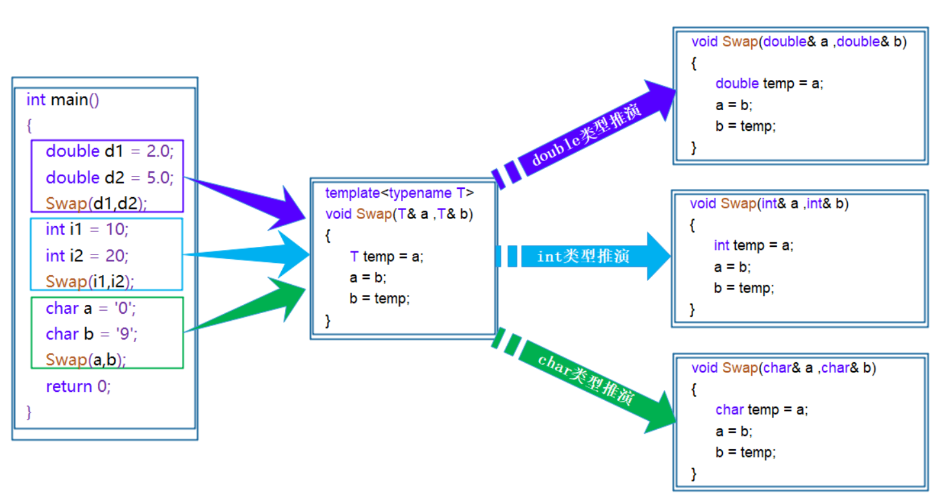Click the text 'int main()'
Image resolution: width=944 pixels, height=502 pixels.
tap(63, 101)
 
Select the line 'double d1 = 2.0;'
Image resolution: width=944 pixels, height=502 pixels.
tap(110, 151)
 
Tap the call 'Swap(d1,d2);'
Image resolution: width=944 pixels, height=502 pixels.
tap(96, 204)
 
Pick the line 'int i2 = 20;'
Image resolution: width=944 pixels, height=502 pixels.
tap(87, 256)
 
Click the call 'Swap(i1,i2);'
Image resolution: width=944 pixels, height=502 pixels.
tap(94, 282)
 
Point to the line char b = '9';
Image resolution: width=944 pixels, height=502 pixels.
tap(92, 334)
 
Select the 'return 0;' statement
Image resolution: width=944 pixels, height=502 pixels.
tap(78, 387)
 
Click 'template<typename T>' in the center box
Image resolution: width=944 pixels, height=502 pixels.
tap(399, 193)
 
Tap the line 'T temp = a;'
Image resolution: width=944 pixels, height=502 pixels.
tap(386, 256)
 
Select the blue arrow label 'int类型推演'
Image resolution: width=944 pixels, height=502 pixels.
tap(583, 256)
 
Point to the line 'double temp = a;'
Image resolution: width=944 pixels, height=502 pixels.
tap(769, 84)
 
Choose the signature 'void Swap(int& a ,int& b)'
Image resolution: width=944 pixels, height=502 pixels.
tap(769, 204)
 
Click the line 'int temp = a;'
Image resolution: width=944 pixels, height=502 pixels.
tap(753, 246)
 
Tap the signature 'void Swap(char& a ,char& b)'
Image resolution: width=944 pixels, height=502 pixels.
tap(783, 369)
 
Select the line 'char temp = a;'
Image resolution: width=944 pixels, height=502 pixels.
tap(762, 410)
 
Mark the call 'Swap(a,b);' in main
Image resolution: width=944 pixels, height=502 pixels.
tap(86, 360)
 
